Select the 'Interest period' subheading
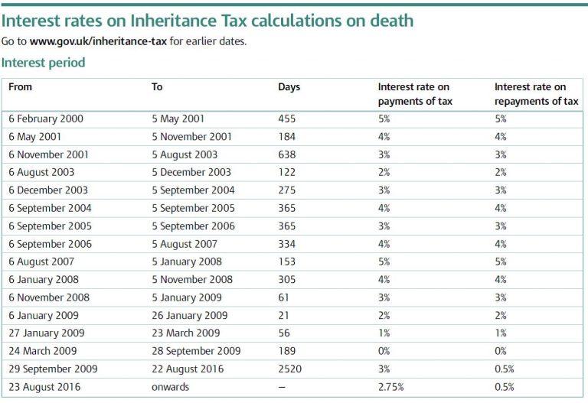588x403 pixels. click(x=43, y=63)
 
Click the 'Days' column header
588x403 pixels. click(x=289, y=87)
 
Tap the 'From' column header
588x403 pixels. click(x=20, y=87)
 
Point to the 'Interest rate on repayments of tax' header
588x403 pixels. click(x=536, y=94)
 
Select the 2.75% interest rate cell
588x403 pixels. click(x=391, y=387)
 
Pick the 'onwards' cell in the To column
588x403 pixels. click(x=171, y=387)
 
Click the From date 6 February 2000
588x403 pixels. click(x=46, y=119)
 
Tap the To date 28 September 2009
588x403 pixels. click(x=196, y=351)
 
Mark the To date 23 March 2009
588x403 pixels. click(x=186, y=333)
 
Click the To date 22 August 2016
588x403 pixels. click(x=188, y=369)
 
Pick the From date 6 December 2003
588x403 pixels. click(x=48, y=190)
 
